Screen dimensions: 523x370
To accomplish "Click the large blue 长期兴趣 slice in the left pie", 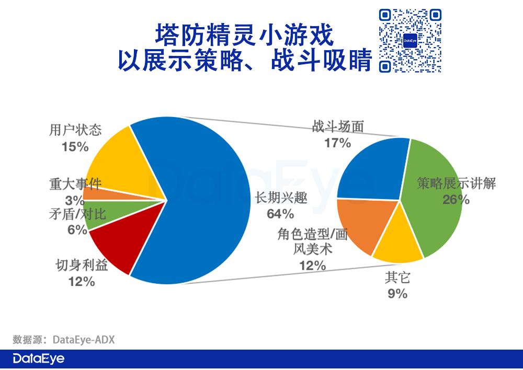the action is coord(203,200).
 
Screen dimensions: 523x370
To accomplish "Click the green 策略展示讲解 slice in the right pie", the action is coord(434,200).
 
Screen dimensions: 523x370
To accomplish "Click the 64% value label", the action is coord(280,214).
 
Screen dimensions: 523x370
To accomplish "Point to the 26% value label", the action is coord(456,200).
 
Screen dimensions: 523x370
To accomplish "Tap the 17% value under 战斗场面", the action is coord(337,143).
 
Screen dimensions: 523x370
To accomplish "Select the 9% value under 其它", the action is coord(397,294).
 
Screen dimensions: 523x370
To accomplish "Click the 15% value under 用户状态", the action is coord(75,147).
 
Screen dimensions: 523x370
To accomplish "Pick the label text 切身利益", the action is coord(82,265).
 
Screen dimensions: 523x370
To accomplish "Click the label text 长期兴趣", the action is coord(281,198).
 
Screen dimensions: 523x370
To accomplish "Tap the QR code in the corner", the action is coord(410,41).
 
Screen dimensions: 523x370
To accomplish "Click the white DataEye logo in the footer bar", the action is coord(39,359).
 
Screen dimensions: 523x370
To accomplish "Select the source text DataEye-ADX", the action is coord(84,340).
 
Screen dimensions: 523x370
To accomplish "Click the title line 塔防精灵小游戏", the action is coord(244,34).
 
